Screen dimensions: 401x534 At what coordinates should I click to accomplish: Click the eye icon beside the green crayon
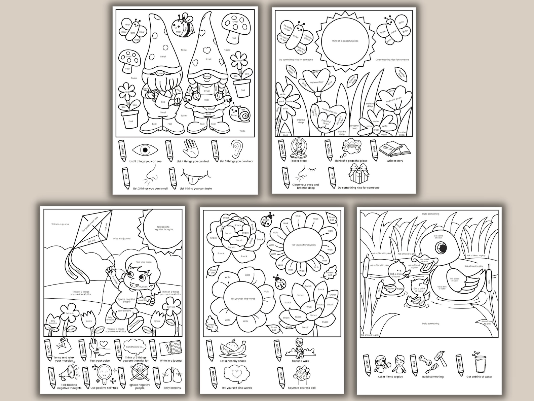(145, 150)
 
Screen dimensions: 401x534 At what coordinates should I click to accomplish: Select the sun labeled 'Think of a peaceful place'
(345, 41)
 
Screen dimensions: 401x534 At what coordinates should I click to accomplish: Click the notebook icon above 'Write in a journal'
(170, 348)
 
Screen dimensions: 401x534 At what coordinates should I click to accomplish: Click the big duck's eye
(441, 248)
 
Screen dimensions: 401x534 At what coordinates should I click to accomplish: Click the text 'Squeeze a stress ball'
(302, 388)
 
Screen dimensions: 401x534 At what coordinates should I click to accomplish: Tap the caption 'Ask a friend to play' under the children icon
(390, 377)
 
